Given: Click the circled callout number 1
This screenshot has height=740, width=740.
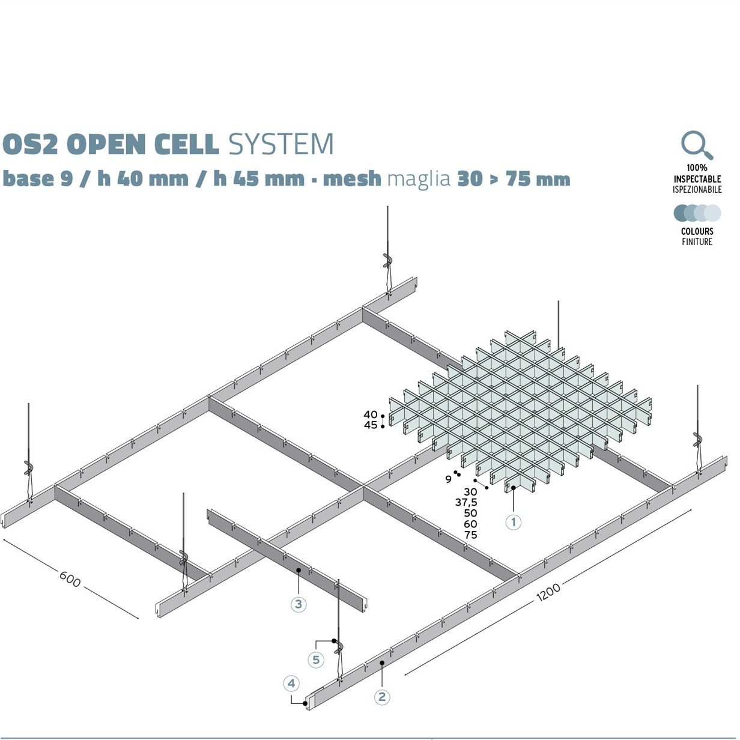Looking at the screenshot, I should (x=513, y=522).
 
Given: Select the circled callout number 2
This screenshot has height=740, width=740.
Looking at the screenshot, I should (x=381, y=697).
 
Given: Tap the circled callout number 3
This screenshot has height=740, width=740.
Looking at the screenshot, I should (x=299, y=604).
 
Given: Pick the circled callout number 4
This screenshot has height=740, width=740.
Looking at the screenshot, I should (x=291, y=684).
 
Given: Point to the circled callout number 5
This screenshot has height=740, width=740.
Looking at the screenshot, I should (x=316, y=660).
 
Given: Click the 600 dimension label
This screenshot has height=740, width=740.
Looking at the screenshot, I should (x=70, y=578).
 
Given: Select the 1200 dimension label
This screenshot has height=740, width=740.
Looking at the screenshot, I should (x=548, y=592).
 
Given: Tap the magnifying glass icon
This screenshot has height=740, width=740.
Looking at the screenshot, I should (x=697, y=145).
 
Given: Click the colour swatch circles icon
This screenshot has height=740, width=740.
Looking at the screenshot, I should (x=697, y=213).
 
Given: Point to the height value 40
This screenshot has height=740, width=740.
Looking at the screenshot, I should (x=371, y=414).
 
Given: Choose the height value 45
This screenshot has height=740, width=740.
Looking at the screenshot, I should (x=371, y=425).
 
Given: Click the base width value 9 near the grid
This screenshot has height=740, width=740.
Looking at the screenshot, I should (x=448, y=479).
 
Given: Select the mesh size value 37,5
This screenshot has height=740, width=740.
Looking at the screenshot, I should (x=466, y=502).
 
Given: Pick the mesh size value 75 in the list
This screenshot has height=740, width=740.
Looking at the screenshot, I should (x=470, y=535).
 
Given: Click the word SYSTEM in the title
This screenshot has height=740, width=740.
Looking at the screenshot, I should (x=281, y=145).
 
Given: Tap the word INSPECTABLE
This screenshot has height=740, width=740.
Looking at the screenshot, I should (x=697, y=179).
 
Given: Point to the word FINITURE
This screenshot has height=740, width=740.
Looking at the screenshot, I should (x=697, y=242).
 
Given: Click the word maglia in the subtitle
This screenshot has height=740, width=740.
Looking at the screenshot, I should (x=419, y=179).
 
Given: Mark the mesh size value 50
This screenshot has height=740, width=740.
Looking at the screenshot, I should (x=470, y=513).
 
